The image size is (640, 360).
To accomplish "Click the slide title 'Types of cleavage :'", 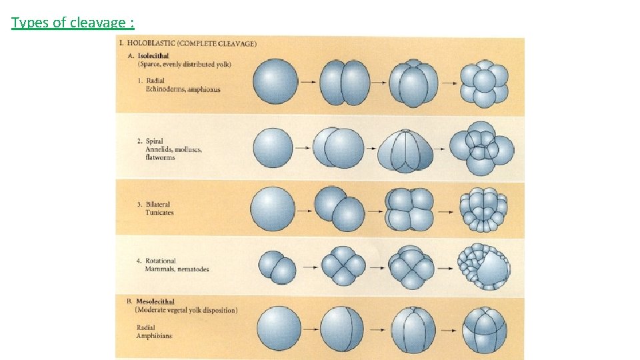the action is (73, 23).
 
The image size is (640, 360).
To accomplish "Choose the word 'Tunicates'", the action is (161, 213).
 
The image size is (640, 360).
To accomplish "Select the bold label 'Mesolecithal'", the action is (155, 301).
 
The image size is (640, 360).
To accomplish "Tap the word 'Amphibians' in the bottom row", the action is (154, 336).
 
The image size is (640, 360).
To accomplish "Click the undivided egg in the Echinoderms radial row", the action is (275, 81).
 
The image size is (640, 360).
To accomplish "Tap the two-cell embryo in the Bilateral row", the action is (340, 209).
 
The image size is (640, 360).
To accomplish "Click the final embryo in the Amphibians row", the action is (485, 330).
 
